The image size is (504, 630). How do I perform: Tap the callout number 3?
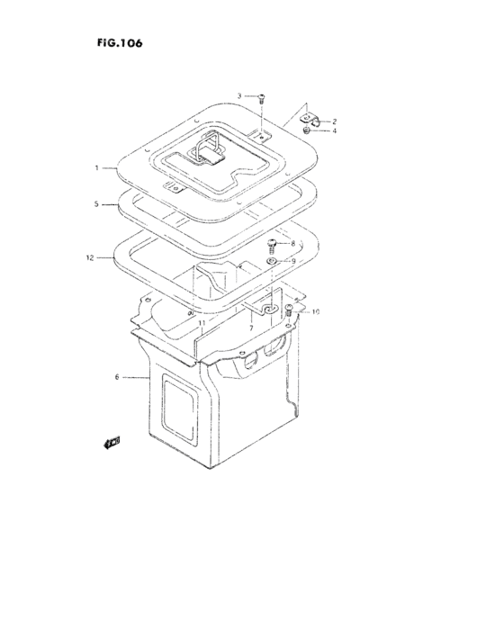coord(240,95)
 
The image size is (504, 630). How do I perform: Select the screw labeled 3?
coord(260,99)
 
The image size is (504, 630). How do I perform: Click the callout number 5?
coord(95,204)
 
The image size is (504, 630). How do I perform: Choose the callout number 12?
coord(90,257)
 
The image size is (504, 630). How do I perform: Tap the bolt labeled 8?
coord(270,244)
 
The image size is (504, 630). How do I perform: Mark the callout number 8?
coord(292,244)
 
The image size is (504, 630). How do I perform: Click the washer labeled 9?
coord(271,261)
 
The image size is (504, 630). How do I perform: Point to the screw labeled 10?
coord(289,312)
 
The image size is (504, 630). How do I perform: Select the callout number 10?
coord(315,312)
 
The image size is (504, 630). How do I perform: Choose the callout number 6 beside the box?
coord(118,377)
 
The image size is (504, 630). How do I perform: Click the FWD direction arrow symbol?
coord(112,441)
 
